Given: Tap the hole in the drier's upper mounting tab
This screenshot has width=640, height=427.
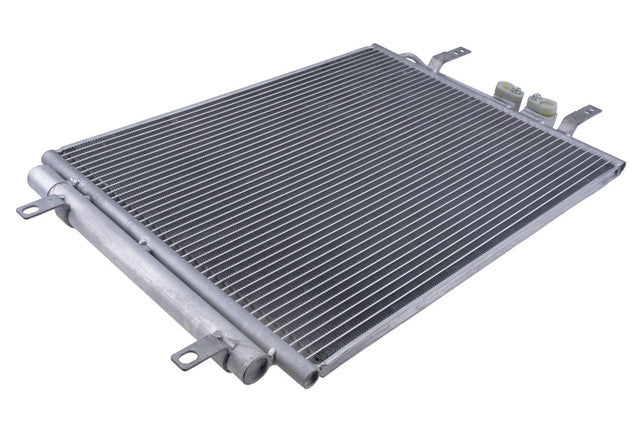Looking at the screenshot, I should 26,211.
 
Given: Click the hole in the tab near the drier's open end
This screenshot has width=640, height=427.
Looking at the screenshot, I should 183,356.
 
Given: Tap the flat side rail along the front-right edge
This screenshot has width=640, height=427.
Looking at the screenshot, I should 470,270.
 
